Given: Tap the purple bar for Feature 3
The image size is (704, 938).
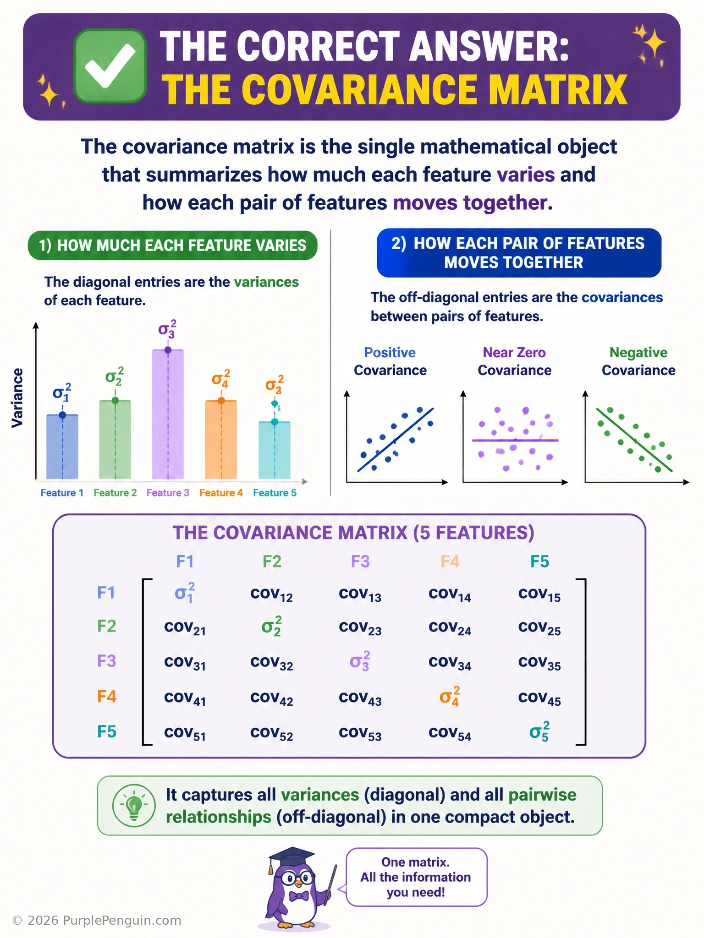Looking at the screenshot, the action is coord(168,414).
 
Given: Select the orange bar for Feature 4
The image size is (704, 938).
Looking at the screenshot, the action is coord(221,440).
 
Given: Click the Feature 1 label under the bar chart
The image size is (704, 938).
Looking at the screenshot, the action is coord(62,493).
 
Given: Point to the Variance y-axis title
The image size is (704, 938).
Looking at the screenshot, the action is coord(17,398).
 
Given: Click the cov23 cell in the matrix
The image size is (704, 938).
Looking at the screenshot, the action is coord(360,628).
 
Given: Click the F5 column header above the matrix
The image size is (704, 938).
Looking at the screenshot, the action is coord(539,562).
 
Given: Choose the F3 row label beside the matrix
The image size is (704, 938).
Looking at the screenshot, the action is coord(106,661).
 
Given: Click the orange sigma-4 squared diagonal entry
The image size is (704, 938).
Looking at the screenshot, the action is coord(450,696).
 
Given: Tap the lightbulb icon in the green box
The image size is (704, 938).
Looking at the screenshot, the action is coord(134,806).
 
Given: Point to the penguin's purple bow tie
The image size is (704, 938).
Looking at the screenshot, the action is coord(299,895).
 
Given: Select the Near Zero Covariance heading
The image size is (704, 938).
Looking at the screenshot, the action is coord(514,361).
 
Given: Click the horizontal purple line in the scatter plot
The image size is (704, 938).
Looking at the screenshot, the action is coord(515,440).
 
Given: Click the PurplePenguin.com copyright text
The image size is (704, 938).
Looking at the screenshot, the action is coord(97,921).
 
